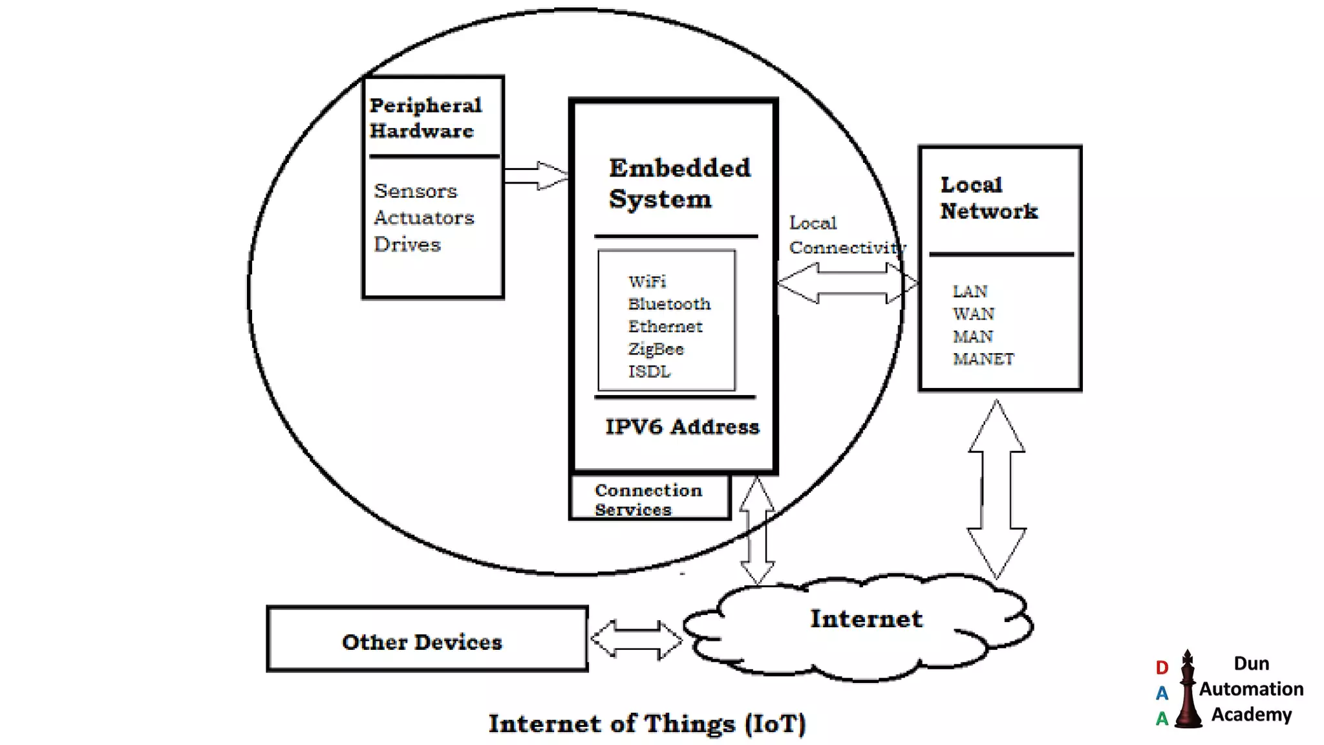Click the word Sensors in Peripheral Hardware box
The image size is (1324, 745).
click(x=415, y=191)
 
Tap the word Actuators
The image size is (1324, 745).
click(x=423, y=218)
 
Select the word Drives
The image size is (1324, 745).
click(x=407, y=244)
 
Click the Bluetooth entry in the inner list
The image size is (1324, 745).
click(x=669, y=304)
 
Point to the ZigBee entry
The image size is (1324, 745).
click(x=656, y=349)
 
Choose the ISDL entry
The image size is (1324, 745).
click(x=649, y=372)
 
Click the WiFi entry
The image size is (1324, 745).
click(x=647, y=281)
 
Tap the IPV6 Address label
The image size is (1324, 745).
click(x=682, y=427)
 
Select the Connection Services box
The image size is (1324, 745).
click(x=649, y=499)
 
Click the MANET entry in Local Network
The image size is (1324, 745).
click(x=983, y=359)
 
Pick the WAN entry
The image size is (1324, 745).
click(x=973, y=314)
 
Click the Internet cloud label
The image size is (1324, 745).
click(x=866, y=619)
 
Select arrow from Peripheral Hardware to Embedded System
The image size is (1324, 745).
click(x=535, y=175)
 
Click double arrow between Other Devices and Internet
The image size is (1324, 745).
click(x=636, y=639)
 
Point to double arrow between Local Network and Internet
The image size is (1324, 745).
click(x=996, y=489)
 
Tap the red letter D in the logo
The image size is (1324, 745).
click(x=1162, y=667)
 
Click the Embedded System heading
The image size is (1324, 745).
click(x=679, y=183)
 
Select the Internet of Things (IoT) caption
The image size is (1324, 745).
click(x=647, y=724)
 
